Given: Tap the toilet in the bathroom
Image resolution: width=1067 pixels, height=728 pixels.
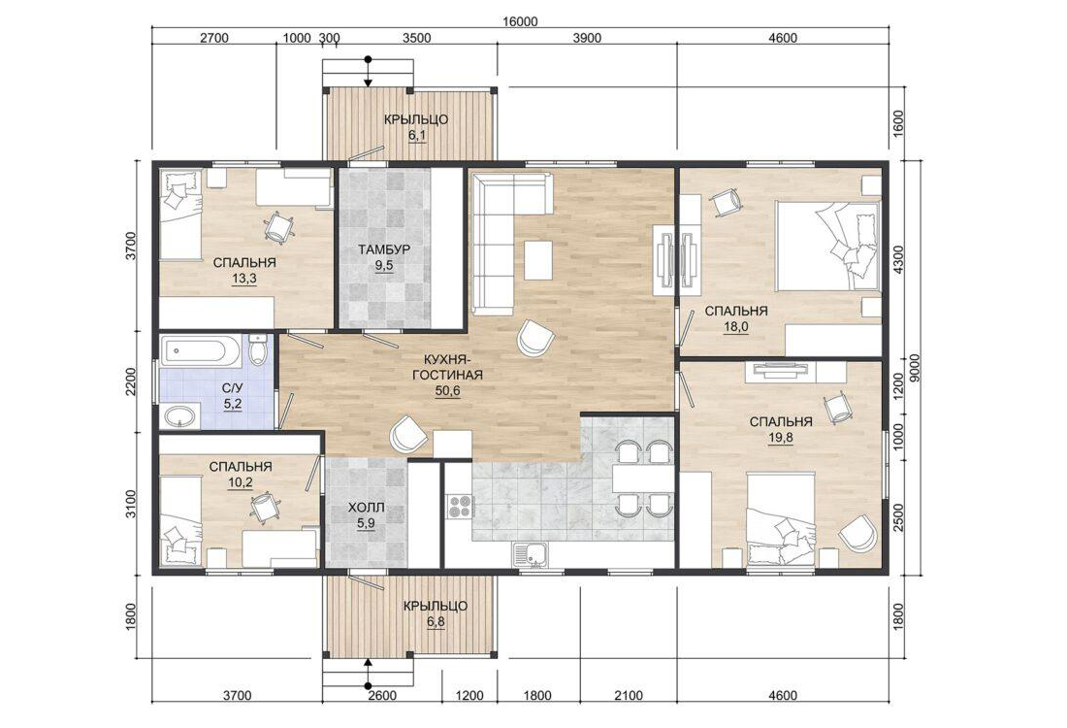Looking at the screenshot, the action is click(257, 349).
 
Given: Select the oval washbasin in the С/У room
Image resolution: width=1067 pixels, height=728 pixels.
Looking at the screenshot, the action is click(180, 416).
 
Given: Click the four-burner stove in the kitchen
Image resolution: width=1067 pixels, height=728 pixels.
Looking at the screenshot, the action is click(460, 508).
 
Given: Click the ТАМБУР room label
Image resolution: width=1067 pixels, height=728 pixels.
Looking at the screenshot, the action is click(384, 249).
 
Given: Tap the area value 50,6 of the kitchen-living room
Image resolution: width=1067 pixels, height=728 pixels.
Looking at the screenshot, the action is click(447, 391).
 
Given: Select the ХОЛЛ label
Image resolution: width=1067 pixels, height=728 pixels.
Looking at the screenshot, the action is click(366, 508).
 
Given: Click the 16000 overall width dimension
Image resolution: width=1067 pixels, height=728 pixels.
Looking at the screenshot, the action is click(520, 21).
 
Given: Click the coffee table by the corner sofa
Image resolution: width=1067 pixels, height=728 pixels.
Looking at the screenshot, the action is click(537, 259).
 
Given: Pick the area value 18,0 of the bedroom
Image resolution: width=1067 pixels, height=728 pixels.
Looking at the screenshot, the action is click(735, 327).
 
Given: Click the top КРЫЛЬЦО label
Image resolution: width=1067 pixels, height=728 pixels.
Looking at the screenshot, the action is click(416, 119).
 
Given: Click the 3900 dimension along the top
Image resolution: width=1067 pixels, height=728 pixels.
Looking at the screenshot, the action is click(587, 38).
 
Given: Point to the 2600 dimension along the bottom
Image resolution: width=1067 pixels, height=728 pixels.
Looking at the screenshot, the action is click(382, 695).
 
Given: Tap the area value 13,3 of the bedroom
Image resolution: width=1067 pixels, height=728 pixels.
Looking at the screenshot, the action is click(244, 279).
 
